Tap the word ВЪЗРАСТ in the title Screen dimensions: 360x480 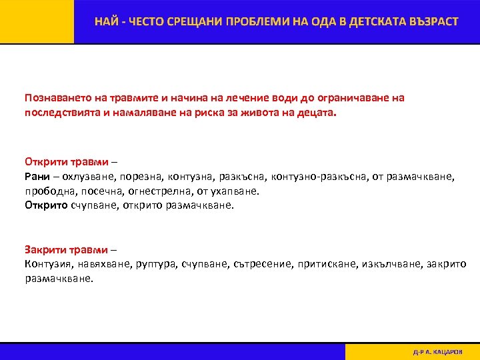430,22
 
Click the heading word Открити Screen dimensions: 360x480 45,161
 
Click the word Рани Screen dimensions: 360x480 37,177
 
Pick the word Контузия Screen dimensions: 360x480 50,265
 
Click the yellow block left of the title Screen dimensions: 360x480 37,22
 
